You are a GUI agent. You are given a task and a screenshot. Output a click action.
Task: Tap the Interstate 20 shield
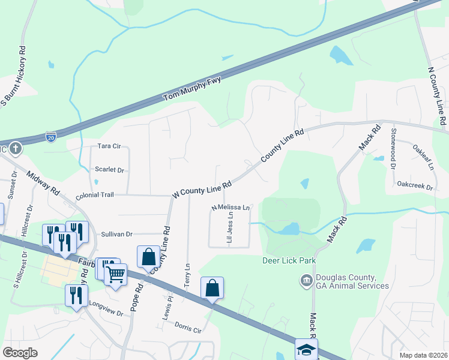(x=52, y=137)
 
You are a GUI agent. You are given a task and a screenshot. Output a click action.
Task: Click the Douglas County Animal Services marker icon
(x=306, y=280)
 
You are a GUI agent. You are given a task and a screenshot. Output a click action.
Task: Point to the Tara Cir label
(x=109, y=146)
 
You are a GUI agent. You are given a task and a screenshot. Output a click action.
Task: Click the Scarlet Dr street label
(x=109, y=170)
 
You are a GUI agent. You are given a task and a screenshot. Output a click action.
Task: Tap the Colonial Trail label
(x=94, y=195)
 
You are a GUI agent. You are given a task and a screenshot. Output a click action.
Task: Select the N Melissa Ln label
(x=231, y=207)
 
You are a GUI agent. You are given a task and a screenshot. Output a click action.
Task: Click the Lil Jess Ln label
(x=229, y=227)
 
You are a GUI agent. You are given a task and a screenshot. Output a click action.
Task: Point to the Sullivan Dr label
(x=116, y=233)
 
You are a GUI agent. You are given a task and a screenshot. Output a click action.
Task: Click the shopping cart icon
(x=115, y=274)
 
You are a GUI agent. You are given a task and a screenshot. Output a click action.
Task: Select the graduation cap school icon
(x=306, y=349)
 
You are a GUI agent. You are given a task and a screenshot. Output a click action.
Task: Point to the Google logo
(x=20, y=353)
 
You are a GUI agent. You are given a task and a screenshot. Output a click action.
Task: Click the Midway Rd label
(x=43, y=182)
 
